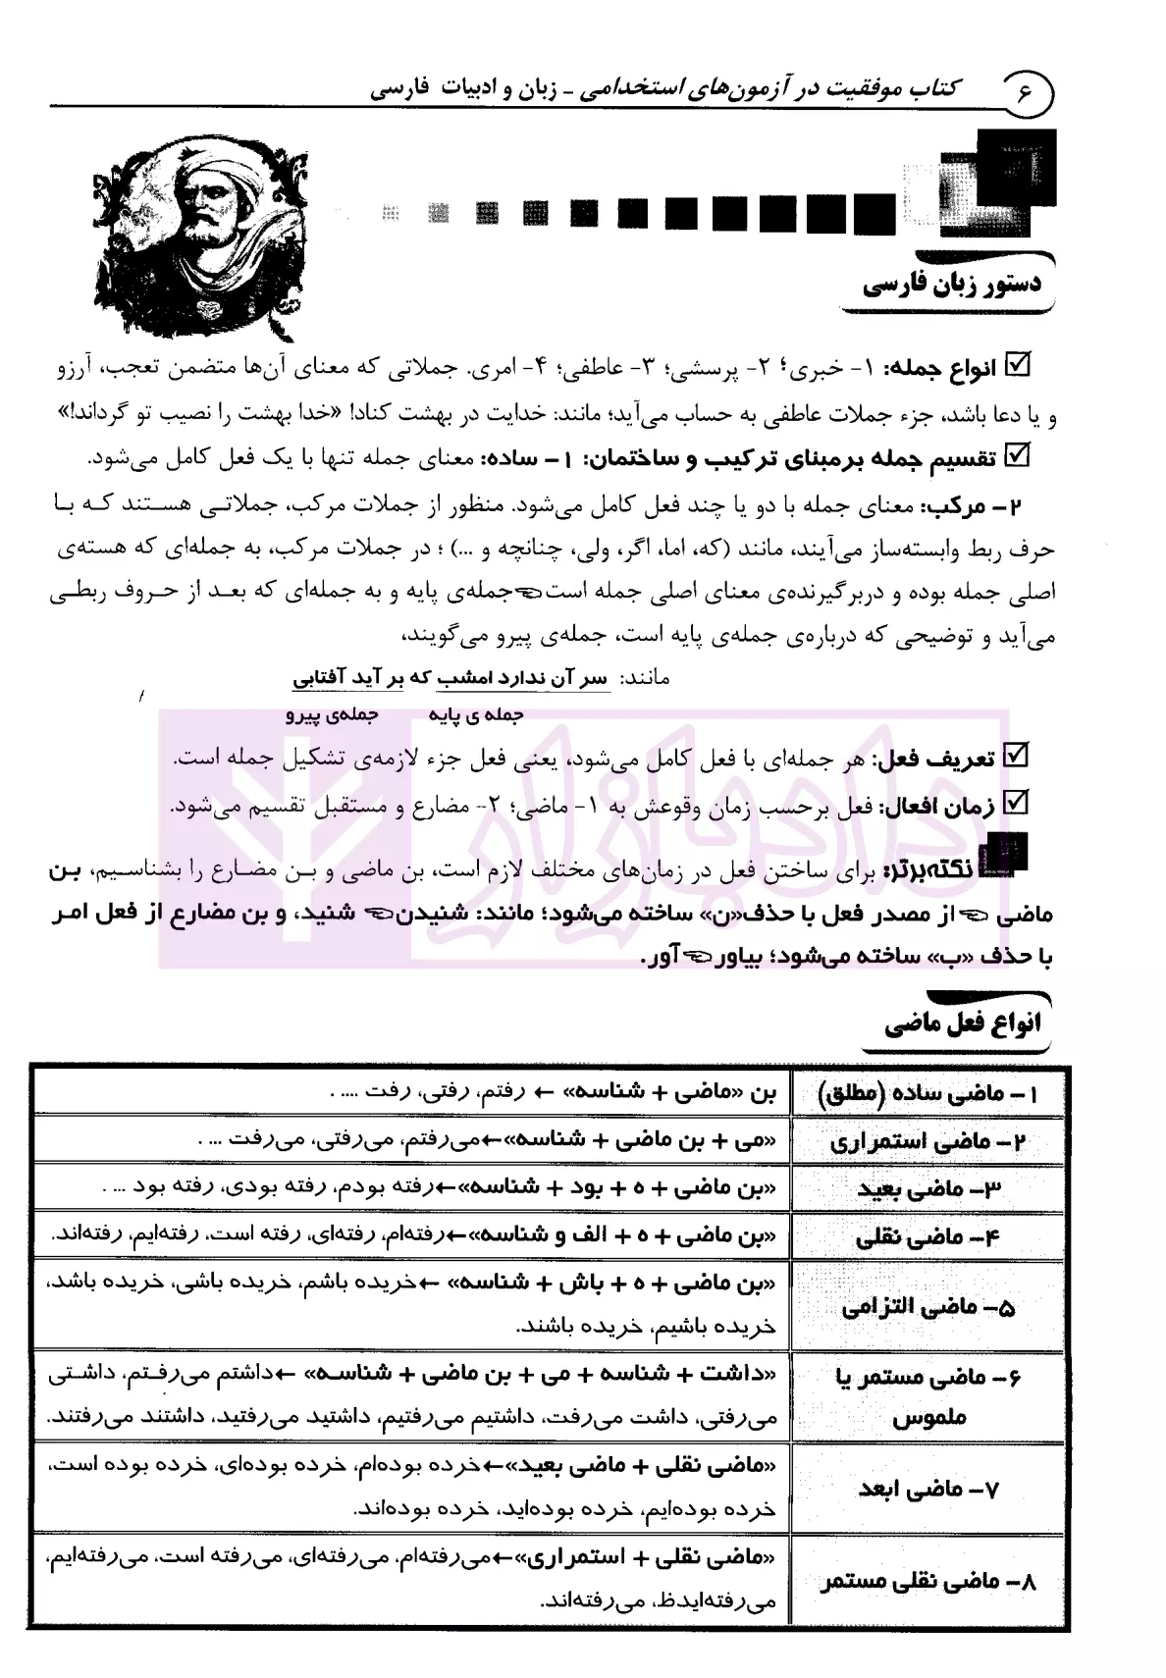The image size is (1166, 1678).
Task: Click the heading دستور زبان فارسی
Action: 952,286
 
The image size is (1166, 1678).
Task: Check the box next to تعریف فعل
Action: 1018,757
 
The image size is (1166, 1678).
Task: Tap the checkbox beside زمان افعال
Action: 1018,804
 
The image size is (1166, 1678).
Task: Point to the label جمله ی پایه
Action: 475,714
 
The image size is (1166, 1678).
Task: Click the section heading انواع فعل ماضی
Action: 962,1024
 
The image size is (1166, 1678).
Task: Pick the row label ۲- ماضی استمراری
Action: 927,1142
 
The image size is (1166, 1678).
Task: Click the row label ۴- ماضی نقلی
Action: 927,1236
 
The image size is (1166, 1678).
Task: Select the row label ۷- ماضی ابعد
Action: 927,1489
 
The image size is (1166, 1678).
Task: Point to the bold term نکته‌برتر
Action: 942,867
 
